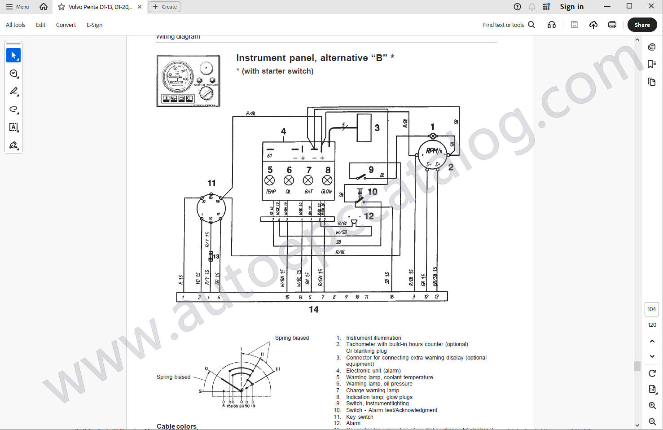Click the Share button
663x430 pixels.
click(x=642, y=25)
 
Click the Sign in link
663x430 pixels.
click(x=571, y=7)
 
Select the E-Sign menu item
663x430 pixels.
click(x=94, y=25)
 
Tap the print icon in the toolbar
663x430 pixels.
click(x=612, y=25)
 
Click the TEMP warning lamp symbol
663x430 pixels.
click(x=270, y=180)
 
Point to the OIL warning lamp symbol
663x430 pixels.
click(x=289, y=180)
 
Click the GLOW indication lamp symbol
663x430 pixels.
click(x=327, y=180)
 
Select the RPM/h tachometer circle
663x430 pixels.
click(x=433, y=154)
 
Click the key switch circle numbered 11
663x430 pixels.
click(x=211, y=208)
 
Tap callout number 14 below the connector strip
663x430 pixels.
click(x=313, y=309)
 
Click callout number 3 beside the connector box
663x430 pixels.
click(x=377, y=128)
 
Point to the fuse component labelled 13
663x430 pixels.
click(x=211, y=256)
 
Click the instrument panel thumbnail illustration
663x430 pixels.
click(x=189, y=81)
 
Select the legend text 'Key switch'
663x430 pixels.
click(x=360, y=417)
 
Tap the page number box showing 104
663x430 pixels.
click(x=652, y=309)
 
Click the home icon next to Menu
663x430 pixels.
click(x=44, y=7)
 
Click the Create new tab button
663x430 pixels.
click(x=164, y=7)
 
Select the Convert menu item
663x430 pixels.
click(x=66, y=25)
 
